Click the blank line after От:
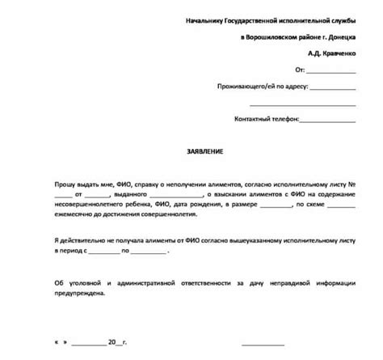[x=339, y=70]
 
